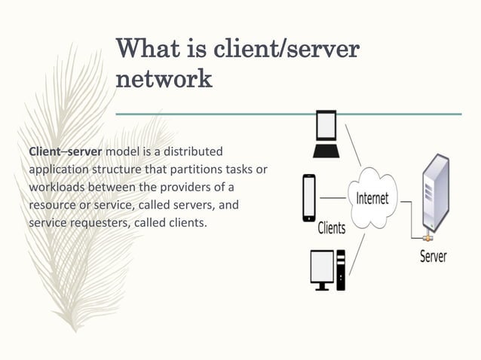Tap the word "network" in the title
pos(164,79)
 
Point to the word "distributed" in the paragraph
pos(195,152)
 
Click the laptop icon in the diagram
pos(326,133)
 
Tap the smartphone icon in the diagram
pos(308,197)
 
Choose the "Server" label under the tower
pos(433,256)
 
